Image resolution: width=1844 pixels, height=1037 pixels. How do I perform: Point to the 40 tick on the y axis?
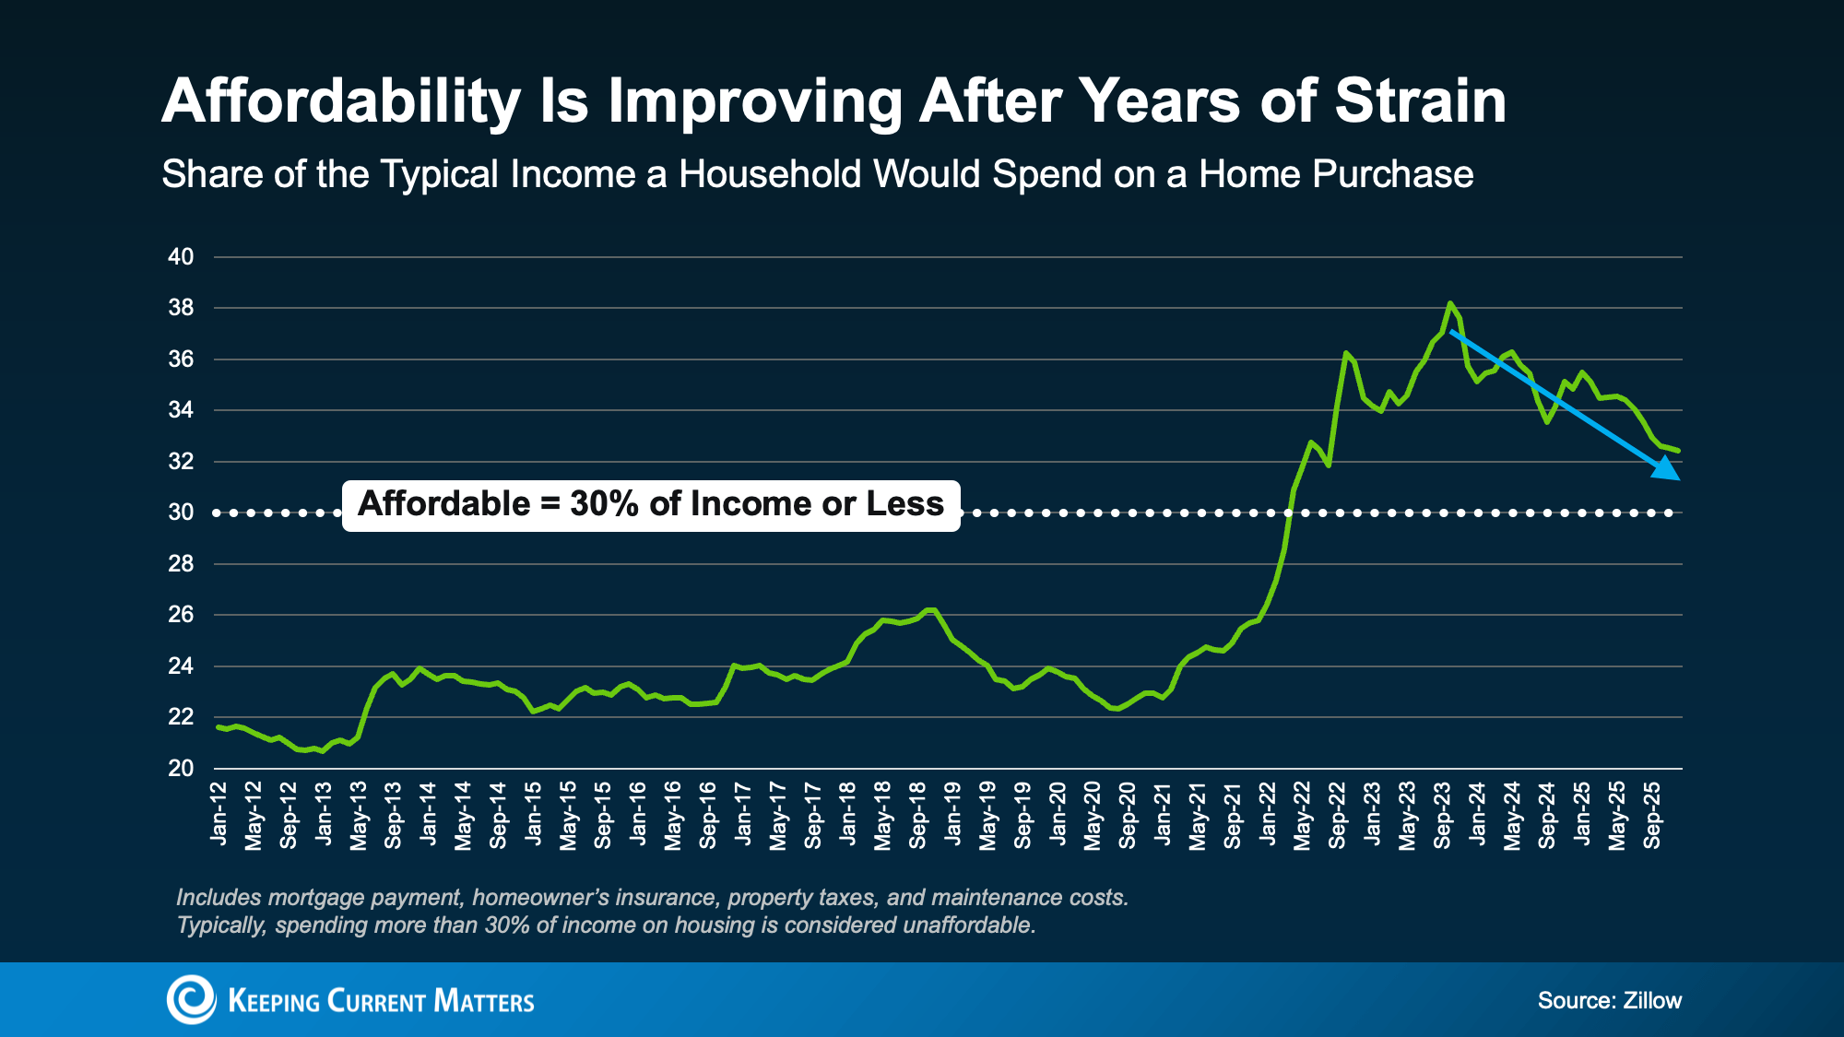coord(181,257)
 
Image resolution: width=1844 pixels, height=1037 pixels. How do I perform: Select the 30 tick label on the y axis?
coord(181,513)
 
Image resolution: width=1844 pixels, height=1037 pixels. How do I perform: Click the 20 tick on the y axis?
coord(181,768)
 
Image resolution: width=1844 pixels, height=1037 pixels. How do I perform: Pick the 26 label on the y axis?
coord(181,615)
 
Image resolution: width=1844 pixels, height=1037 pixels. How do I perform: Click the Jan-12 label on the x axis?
coord(219,813)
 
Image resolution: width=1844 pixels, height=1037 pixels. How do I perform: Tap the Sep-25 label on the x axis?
coord(1652,816)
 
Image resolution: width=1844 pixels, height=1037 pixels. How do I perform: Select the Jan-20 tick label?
coord(1058,813)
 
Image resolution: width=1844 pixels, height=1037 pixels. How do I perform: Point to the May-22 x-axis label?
coord(1303,816)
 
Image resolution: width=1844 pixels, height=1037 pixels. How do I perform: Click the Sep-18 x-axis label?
coord(918,816)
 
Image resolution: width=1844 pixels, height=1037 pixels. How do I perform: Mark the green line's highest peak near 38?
coord(1450,303)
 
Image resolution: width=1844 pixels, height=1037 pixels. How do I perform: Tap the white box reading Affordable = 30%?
coord(651,505)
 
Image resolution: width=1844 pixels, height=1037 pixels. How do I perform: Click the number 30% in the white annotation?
coord(605,504)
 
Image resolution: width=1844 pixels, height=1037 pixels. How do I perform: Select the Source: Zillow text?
coord(1609,1001)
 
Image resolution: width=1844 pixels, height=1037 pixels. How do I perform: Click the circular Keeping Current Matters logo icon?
coord(191,999)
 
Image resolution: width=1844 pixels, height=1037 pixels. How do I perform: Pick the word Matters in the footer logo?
coord(483,1002)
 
